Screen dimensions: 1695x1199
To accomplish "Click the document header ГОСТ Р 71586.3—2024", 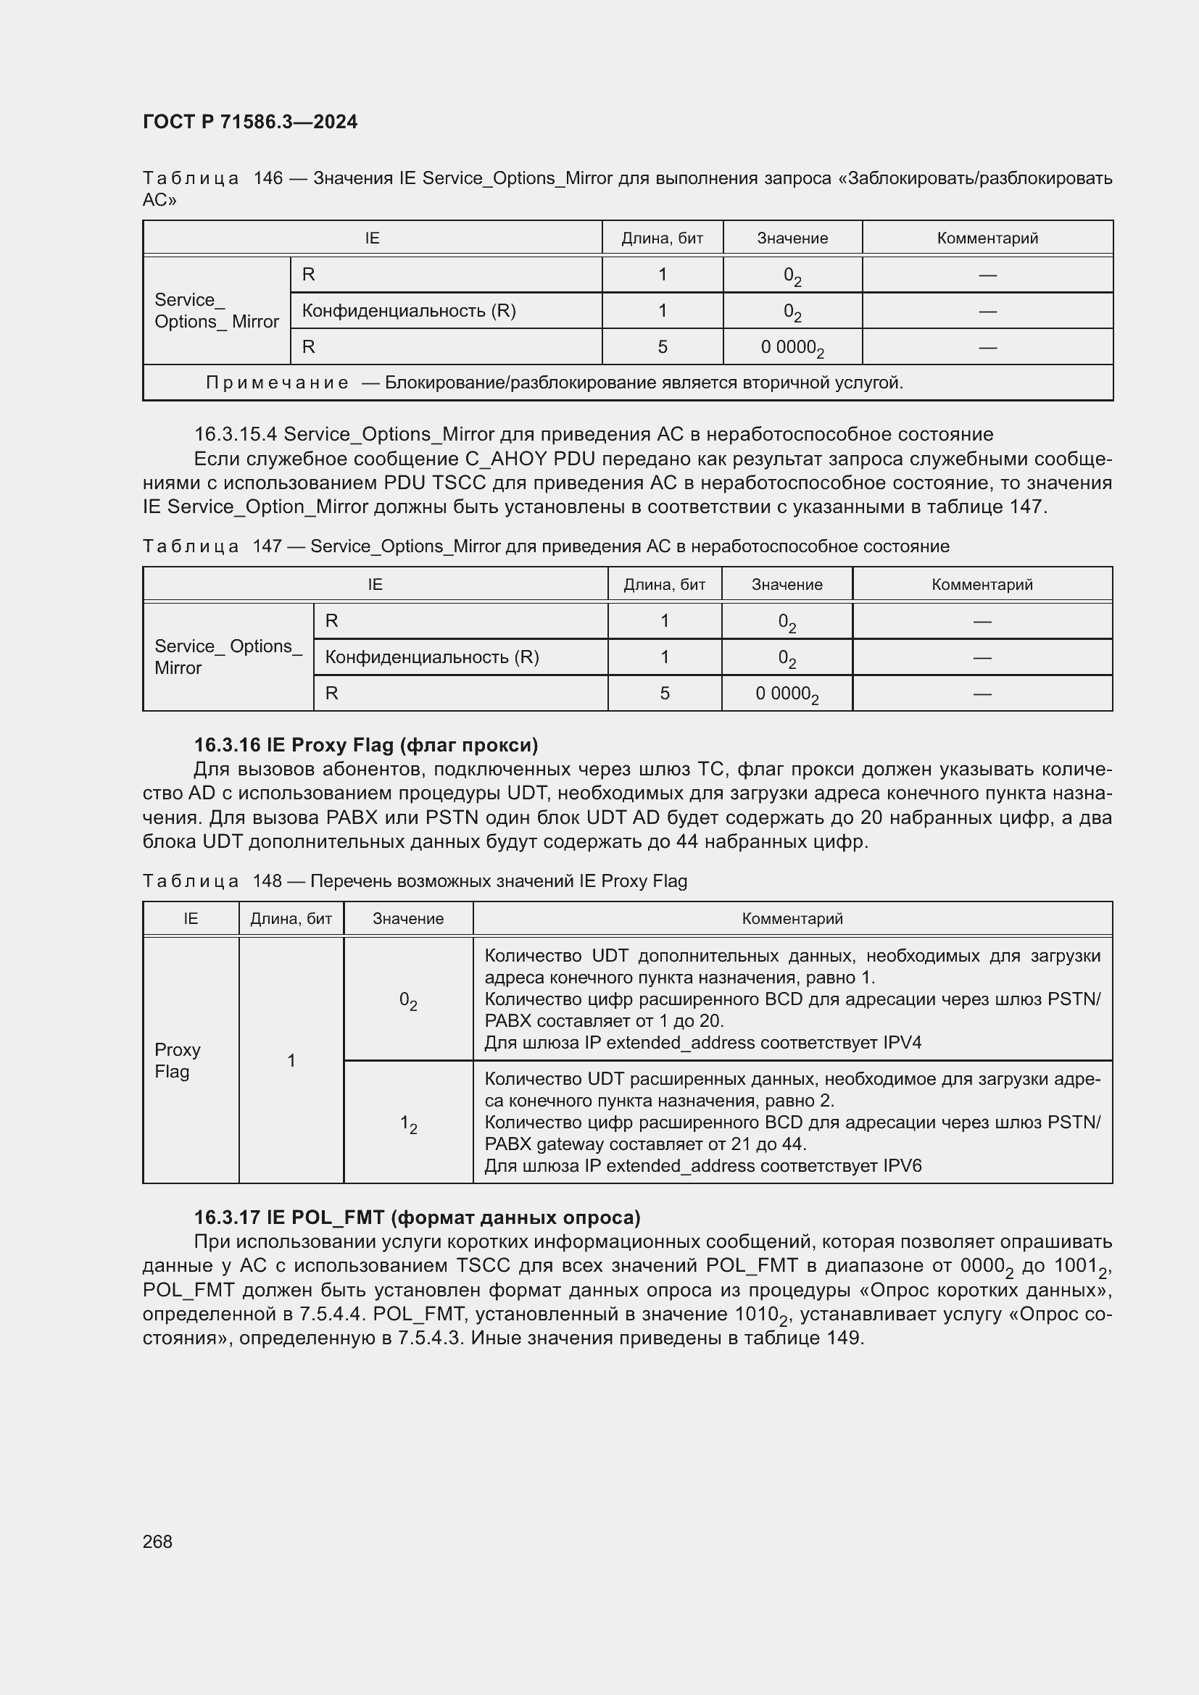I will click(x=249, y=122).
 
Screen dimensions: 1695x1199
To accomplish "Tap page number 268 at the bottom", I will click(x=157, y=1541).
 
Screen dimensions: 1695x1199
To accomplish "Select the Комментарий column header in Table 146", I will click(x=987, y=238).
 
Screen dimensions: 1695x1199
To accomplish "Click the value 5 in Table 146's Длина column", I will click(x=663, y=347).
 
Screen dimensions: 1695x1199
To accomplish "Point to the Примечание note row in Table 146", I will click(x=554, y=383).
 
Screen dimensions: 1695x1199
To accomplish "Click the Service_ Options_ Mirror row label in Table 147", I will click(x=228, y=657).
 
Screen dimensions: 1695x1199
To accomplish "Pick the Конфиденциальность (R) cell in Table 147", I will click(x=432, y=657).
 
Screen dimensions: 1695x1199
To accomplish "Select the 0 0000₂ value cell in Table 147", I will click(x=787, y=694).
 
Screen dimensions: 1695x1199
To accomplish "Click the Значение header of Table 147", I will click(x=787, y=585).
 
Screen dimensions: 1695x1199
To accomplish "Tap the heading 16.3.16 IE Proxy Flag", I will click(x=365, y=744).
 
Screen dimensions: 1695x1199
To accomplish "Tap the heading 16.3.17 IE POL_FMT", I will click(x=416, y=1217).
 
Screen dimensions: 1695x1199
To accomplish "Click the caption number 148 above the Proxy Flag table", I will click(x=267, y=880).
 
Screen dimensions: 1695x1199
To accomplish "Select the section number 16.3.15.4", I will click(x=236, y=434).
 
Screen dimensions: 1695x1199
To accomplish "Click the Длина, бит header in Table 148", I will click(x=291, y=918).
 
